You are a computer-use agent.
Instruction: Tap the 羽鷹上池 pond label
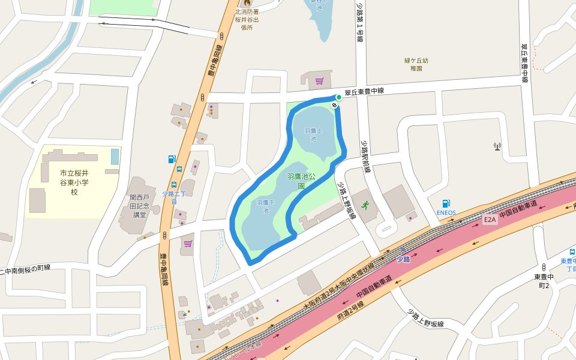(313, 134)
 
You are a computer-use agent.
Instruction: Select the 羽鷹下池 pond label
(265, 206)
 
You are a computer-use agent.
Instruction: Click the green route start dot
(338, 97)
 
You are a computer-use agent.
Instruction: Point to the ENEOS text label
(446, 212)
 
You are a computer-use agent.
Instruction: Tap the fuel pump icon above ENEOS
(446, 203)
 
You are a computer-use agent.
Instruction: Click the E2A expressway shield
(491, 220)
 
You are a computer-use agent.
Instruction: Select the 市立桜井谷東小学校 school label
(74, 182)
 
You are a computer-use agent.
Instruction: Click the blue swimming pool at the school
(115, 157)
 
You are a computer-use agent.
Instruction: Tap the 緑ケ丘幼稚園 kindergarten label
(416, 64)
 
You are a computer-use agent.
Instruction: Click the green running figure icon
(365, 205)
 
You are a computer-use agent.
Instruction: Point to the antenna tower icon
(497, 146)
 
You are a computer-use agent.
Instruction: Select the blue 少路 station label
(403, 259)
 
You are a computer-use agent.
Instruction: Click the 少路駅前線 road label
(365, 157)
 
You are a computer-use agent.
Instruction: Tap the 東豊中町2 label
(544, 281)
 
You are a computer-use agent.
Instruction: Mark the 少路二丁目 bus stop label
(174, 197)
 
